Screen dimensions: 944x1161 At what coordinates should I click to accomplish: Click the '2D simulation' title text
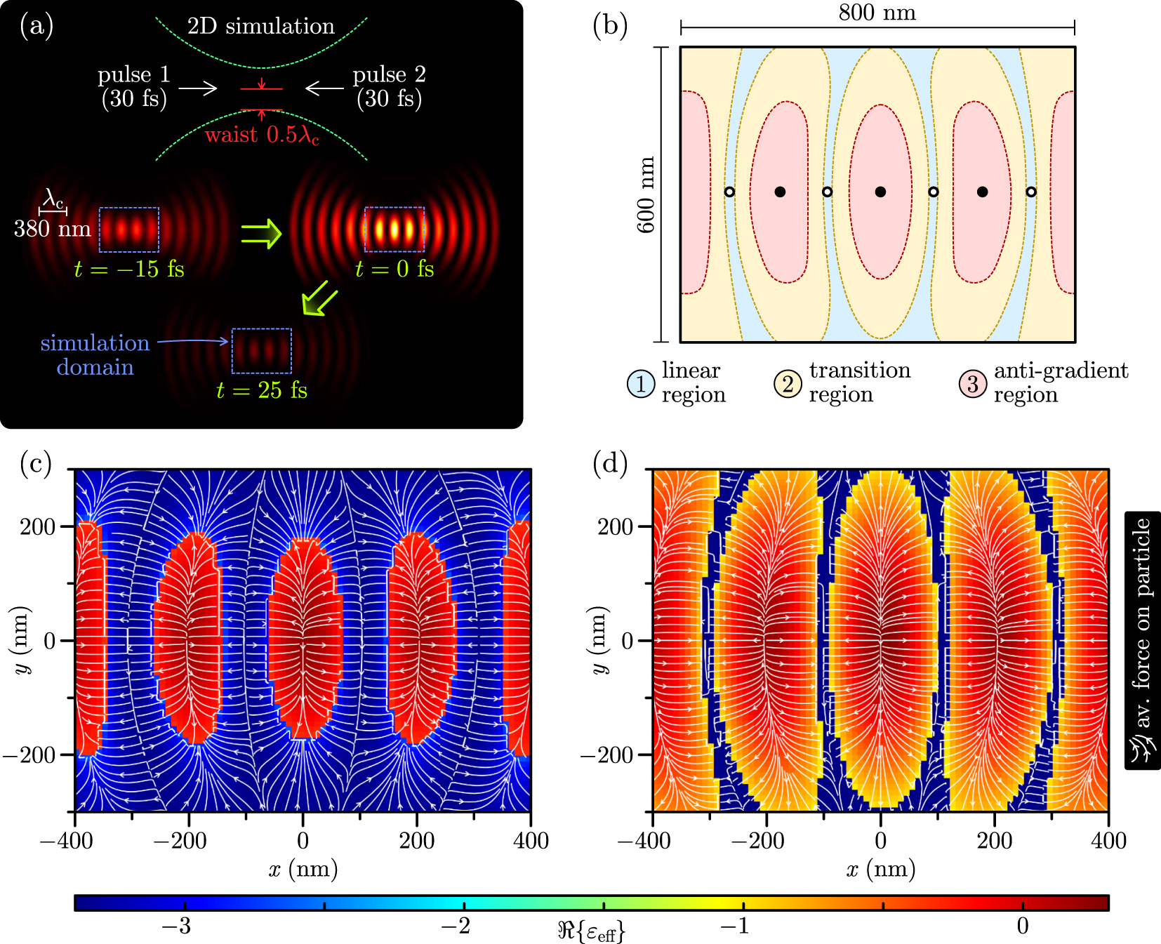coord(260,26)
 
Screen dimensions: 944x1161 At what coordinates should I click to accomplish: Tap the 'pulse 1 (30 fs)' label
coord(133,86)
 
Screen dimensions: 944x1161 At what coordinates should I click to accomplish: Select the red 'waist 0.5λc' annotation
coord(262,134)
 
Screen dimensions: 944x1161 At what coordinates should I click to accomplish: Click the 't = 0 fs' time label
coord(394,269)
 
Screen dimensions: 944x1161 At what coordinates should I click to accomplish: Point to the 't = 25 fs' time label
coord(262,390)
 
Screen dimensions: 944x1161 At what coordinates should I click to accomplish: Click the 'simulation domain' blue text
coord(95,354)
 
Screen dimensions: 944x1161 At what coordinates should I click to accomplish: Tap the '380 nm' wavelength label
coord(53,229)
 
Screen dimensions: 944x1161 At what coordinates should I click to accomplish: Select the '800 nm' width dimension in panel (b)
coord(877,13)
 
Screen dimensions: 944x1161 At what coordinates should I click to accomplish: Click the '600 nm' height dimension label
coord(645,195)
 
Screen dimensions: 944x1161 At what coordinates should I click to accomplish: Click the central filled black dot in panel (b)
coord(880,192)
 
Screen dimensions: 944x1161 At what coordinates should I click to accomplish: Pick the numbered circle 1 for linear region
coord(640,383)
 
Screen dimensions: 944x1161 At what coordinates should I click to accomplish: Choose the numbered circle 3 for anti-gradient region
coord(972,383)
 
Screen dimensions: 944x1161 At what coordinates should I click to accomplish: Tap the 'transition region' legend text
coord(858,382)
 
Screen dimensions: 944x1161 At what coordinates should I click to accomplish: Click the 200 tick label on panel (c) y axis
coord(38,526)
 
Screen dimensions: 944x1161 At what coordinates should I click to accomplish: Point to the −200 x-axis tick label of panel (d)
coord(757,840)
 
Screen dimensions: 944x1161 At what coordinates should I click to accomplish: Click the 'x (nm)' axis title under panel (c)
coord(303,869)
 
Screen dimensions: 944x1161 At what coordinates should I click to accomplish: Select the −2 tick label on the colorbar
coord(456,926)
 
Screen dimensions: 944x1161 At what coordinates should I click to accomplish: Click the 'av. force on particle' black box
coord(1142,640)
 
